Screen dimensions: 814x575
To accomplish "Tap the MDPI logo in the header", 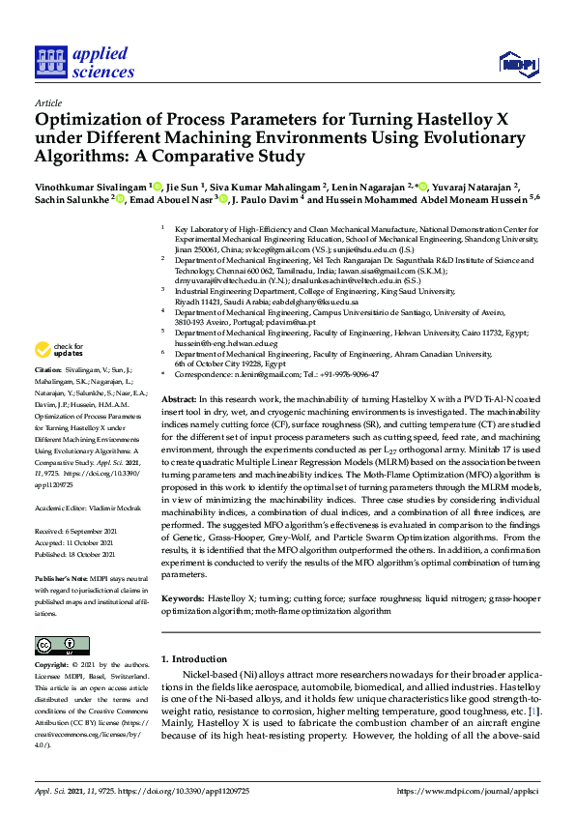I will [518, 64].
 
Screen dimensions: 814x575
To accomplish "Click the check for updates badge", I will [59, 348].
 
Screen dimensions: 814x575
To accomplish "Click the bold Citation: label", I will [47, 370].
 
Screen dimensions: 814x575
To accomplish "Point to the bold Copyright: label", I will [52, 665].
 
